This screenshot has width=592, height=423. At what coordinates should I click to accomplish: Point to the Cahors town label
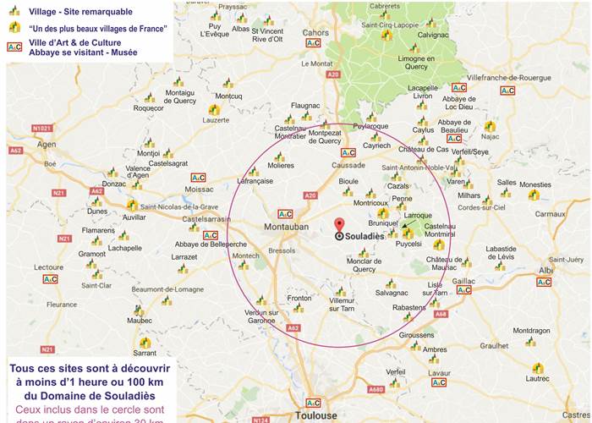coord(315,33)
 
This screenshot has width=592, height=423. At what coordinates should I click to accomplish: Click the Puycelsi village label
coord(408,244)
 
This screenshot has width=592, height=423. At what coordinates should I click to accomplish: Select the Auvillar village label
coord(134,217)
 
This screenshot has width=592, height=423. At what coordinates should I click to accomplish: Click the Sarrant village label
coord(145,353)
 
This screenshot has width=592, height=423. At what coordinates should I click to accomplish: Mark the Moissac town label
coord(200,190)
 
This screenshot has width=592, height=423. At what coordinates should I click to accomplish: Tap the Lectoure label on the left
coord(48,266)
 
